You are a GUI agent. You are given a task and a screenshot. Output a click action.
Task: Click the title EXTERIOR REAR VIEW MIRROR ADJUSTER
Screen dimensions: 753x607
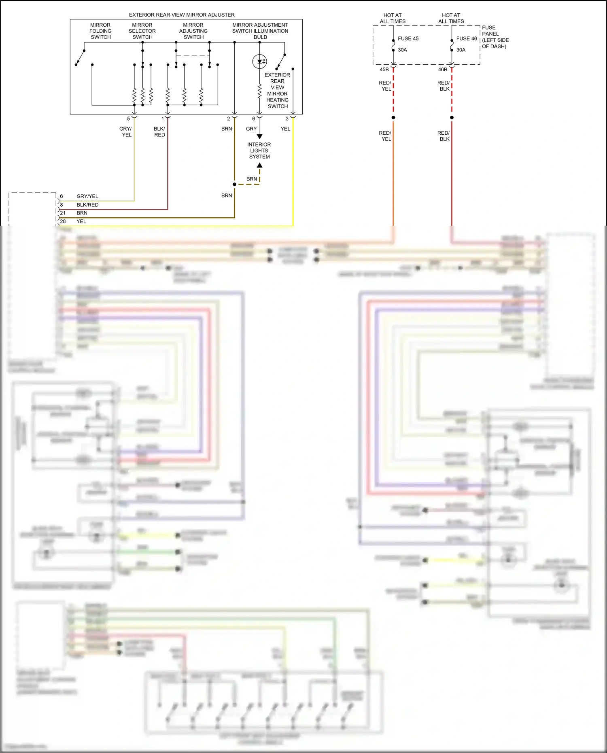(182, 15)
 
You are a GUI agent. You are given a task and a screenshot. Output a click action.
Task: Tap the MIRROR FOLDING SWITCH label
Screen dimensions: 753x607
(100, 31)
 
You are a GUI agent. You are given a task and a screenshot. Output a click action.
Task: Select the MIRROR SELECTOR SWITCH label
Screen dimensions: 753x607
(142, 31)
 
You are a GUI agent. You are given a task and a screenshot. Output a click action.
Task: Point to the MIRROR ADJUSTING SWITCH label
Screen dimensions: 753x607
(193, 31)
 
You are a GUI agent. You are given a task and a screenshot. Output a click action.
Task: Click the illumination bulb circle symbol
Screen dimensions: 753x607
(259, 62)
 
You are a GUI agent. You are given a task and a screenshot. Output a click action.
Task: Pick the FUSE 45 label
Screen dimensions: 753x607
(408, 39)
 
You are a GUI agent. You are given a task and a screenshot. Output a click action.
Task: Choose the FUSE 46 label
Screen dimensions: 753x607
(466, 39)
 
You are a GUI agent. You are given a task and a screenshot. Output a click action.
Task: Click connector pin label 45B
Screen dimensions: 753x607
(384, 70)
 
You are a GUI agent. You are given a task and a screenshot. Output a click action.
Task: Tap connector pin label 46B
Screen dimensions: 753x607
(443, 70)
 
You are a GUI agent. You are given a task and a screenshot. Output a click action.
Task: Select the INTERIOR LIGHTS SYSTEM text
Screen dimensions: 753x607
(259, 151)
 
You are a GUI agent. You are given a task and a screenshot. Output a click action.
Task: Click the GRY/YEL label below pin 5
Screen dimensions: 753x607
(126, 132)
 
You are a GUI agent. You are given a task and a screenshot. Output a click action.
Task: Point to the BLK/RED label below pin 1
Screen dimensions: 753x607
(159, 132)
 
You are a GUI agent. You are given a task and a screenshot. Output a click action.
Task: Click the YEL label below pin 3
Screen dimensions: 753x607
(285, 129)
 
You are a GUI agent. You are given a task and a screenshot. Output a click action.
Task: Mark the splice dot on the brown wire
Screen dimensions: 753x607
(234, 185)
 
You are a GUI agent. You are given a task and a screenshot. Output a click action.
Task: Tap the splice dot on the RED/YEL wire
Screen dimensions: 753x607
(393, 118)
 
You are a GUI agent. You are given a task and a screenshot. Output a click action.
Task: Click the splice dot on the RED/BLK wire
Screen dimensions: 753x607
(452, 118)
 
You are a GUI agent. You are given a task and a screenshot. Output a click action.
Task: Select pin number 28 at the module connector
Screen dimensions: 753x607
(63, 221)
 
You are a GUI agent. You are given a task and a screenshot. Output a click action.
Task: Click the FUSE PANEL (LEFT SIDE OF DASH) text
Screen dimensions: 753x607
(495, 37)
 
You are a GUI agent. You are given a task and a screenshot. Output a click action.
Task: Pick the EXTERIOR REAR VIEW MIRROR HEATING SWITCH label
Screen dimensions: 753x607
(277, 91)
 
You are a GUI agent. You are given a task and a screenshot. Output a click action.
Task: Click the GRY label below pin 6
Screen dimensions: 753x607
(251, 129)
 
